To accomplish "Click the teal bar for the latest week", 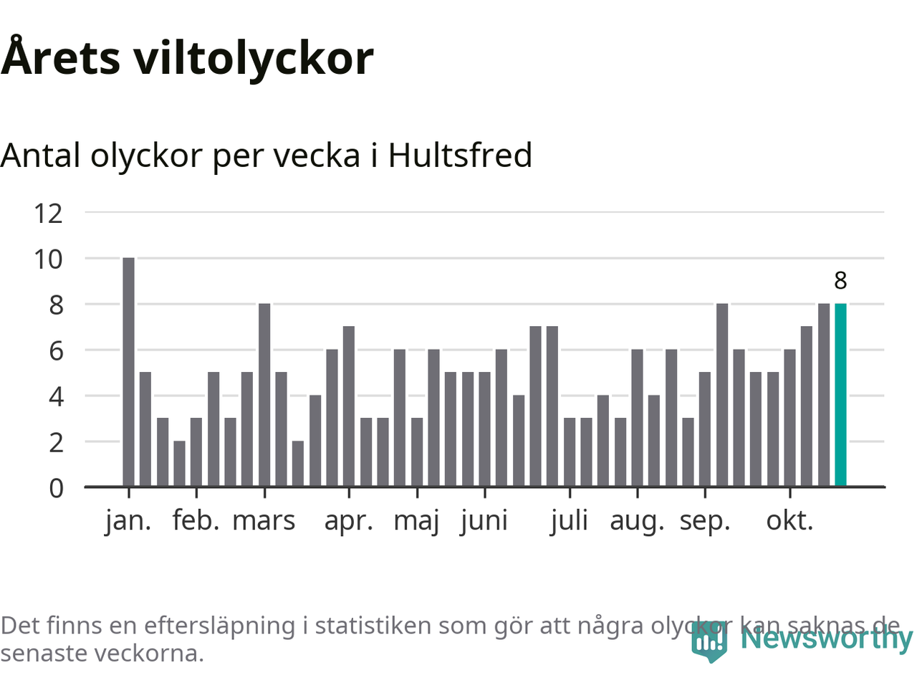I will pyautogui.click(x=840, y=395).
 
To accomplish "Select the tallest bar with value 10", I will pyautogui.click(x=128, y=372).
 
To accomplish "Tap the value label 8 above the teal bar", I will pyautogui.click(x=840, y=280).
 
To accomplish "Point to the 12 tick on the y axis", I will pyautogui.click(x=48, y=213).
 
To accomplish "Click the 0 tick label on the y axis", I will pyautogui.click(x=56, y=488).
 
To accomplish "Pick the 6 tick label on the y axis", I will pyautogui.click(x=56, y=350).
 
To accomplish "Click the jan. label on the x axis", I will pyautogui.click(x=128, y=521).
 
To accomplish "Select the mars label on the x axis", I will pyautogui.click(x=264, y=521).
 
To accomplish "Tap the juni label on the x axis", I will pyautogui.click(x=484, y=521).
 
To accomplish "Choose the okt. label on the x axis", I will pyautogui.click(x=789, y=521).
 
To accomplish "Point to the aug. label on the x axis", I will pyautogui.click(x=637, y=521).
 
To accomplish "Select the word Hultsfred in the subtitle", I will pyautogui.click(x=460, y=155).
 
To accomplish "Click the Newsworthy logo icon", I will pyautogui.click(x=709, y=641).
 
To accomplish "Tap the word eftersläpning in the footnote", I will pyautogui.click(x=219, y=626).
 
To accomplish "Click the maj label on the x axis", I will pyautogui.click(x=416, y=521).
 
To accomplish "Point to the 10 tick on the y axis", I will pyautogui.click(x=48, y=259).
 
